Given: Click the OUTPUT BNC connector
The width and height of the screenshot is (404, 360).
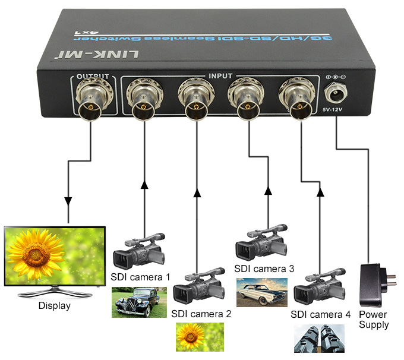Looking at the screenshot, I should click(x=90, y=103).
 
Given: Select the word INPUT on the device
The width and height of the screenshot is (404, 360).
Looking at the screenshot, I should click(x=220, y=77).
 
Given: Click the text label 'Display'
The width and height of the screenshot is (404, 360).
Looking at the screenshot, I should click(x=54, y=306).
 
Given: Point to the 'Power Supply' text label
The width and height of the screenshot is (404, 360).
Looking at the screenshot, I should click(x=374, y=320).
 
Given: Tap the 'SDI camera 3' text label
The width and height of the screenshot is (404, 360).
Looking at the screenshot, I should click(x=264, y=269).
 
